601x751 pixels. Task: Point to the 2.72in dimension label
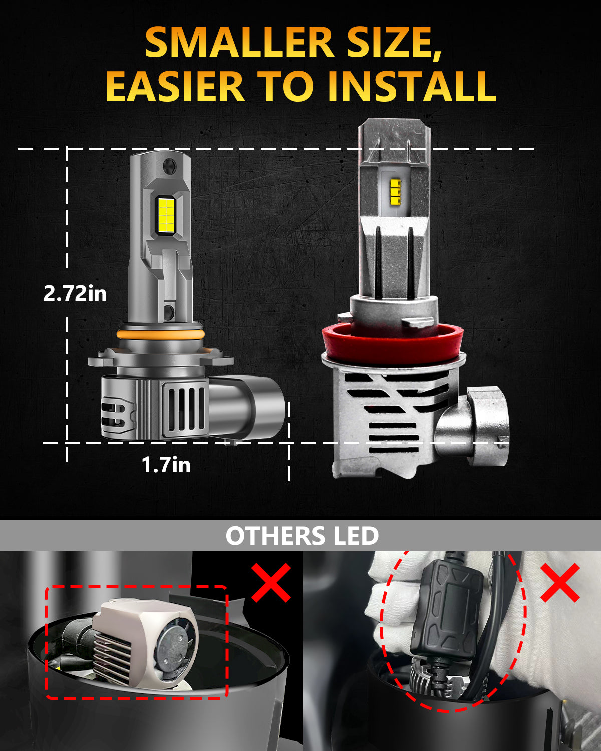coord(75,293)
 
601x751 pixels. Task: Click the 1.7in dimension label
coord(166,465)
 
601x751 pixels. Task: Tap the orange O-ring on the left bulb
coord(161,334)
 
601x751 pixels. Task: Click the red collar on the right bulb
coord(393,343)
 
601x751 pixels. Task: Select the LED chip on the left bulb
coord(167,213)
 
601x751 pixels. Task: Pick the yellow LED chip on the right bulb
coord(395,191)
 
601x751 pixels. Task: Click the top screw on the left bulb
coord(170,164)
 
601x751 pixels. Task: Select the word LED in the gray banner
coord(356,536)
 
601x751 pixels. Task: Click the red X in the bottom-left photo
coord(271,582)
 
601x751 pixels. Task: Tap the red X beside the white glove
coord(560,582)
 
